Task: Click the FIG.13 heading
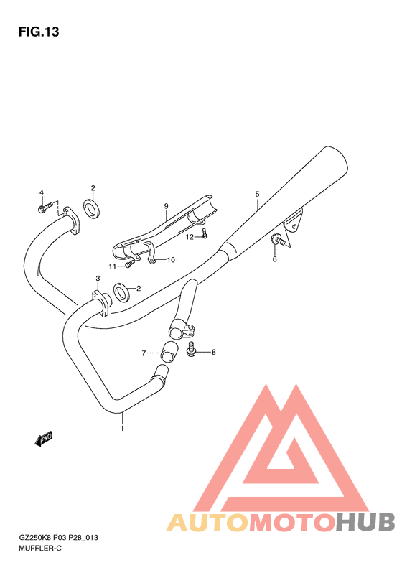(x=38, y=32)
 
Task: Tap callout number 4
(x=41, y=192)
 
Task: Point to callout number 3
(x=98, y=279)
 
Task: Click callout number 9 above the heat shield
(x=166, y=206)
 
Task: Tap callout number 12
(x=190, y=236)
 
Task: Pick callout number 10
(x=171, y=260)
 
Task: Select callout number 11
(x=113, y=266)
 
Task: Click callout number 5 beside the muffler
(x=256, y=194)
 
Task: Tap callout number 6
(x=274, y=259)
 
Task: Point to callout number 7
(x=144, y=353)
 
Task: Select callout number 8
(x=213, y=352)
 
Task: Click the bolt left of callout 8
(x=192, y=349)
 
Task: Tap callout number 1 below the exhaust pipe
(x=122, y=429)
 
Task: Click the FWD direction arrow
(x=44, y=438)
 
